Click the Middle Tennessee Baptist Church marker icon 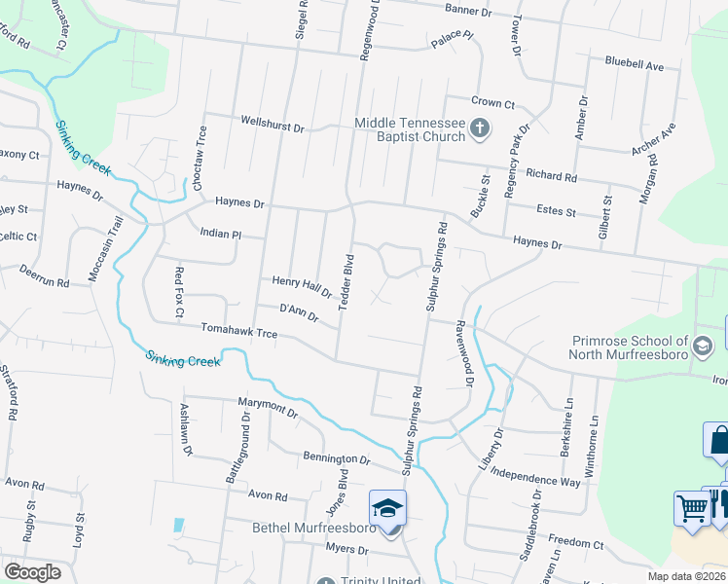(479, 128)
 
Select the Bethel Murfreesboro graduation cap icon (387, 510)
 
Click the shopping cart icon (691, 508)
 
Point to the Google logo (32, 571)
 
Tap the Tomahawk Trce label (239, 333)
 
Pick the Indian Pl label (219, 235)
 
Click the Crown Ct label (492, 102)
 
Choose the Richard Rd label (551, 176)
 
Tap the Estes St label (557, 211)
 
